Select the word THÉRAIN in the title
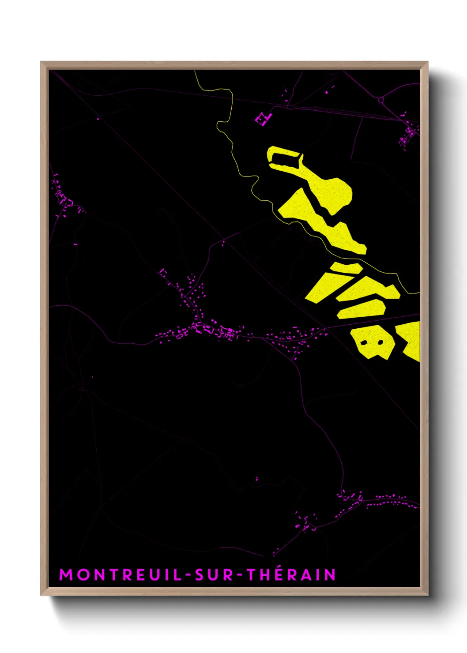pos(291,574)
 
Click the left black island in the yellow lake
pos(364,343)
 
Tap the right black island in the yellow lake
pos(380,342)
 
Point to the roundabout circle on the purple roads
pos(381,101)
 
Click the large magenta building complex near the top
pos(263,119)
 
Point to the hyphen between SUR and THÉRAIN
pos(240,575)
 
